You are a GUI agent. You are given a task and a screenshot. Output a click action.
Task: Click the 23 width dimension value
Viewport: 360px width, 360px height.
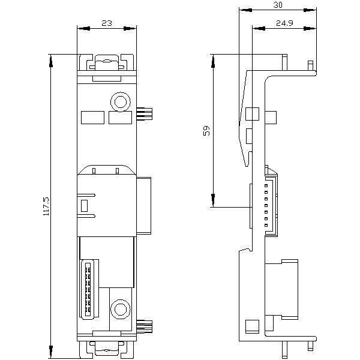click(x=107, y=23)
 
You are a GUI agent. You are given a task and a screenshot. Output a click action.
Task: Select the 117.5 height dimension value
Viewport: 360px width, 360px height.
click(x=46, y=206)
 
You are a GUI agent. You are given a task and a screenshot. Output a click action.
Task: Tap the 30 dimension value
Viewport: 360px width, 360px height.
click(x=278, y=5)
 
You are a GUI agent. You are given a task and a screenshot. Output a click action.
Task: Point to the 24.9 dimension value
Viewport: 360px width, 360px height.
click(x=284, y=23)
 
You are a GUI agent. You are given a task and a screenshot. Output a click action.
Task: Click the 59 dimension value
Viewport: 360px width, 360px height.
click(x=206, y=130)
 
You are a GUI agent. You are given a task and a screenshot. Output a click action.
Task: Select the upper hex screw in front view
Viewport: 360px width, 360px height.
click(x=121, y=102)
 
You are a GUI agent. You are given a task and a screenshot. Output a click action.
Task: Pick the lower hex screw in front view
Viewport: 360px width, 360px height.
click(x=121, y=309)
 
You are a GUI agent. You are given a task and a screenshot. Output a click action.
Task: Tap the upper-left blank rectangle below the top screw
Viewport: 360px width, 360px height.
click(x=93, y=118)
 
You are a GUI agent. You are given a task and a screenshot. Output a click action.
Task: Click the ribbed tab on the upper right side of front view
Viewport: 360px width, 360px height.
click(x=145, y=113)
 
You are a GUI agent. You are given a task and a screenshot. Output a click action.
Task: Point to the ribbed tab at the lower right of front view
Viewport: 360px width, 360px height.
click(x=145, y=326)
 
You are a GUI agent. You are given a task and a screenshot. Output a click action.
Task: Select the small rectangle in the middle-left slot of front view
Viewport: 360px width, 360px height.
click(x=84, y=206)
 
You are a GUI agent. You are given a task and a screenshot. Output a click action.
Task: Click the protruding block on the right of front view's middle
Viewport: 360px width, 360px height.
click(x=144, y=206)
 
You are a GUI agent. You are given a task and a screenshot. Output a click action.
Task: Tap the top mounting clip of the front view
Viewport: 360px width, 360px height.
click(x=107, y=62)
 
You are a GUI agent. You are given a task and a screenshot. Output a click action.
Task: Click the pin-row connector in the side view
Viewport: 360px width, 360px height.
click(x=271, y=206)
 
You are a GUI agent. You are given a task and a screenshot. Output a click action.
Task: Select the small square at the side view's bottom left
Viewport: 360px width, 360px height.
click(x=253, y=326)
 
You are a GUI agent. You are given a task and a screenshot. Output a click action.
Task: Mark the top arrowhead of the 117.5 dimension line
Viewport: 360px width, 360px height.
click(x=51, y=61)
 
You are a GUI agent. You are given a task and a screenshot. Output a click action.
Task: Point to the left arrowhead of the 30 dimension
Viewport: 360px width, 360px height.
click(x=245, y=10)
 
